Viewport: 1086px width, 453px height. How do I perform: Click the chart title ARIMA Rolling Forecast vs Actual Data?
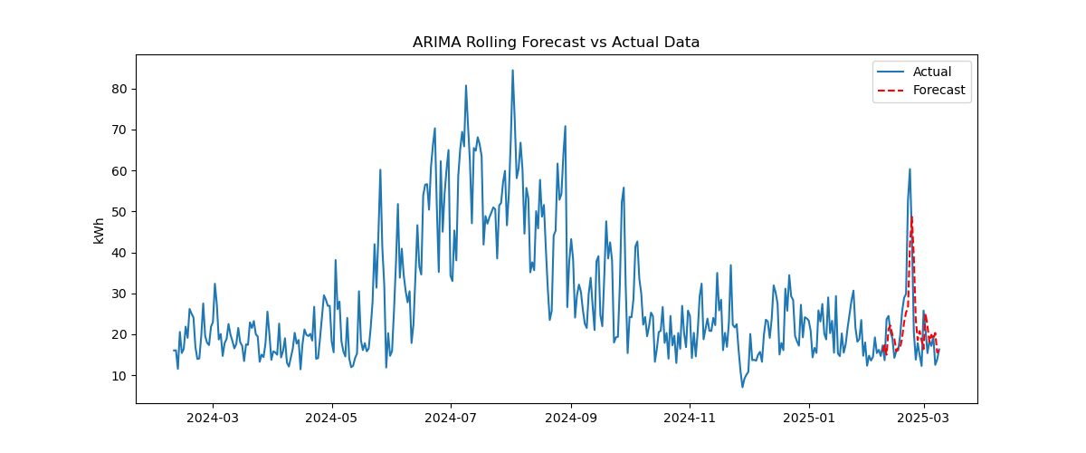(556, 43)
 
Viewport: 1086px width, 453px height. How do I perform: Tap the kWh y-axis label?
(99, 230)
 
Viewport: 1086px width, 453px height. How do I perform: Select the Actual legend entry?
(931, 72)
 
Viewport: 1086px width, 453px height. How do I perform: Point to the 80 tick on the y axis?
(119, 89)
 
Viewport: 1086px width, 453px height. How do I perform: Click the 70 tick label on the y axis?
(119, 130)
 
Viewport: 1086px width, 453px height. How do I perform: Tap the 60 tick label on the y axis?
(119, 170)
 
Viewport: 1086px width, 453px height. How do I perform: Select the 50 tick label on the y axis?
(119, 212)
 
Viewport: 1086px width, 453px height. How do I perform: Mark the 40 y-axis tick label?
(119, 253)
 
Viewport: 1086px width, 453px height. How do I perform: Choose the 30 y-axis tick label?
(119, 294)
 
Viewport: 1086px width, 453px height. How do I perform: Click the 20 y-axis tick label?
(119, 334)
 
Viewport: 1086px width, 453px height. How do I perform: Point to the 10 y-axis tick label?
(119, 376)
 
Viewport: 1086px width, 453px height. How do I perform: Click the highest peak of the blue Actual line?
(512, 71)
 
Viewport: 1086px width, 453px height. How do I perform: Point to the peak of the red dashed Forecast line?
(911, 217)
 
